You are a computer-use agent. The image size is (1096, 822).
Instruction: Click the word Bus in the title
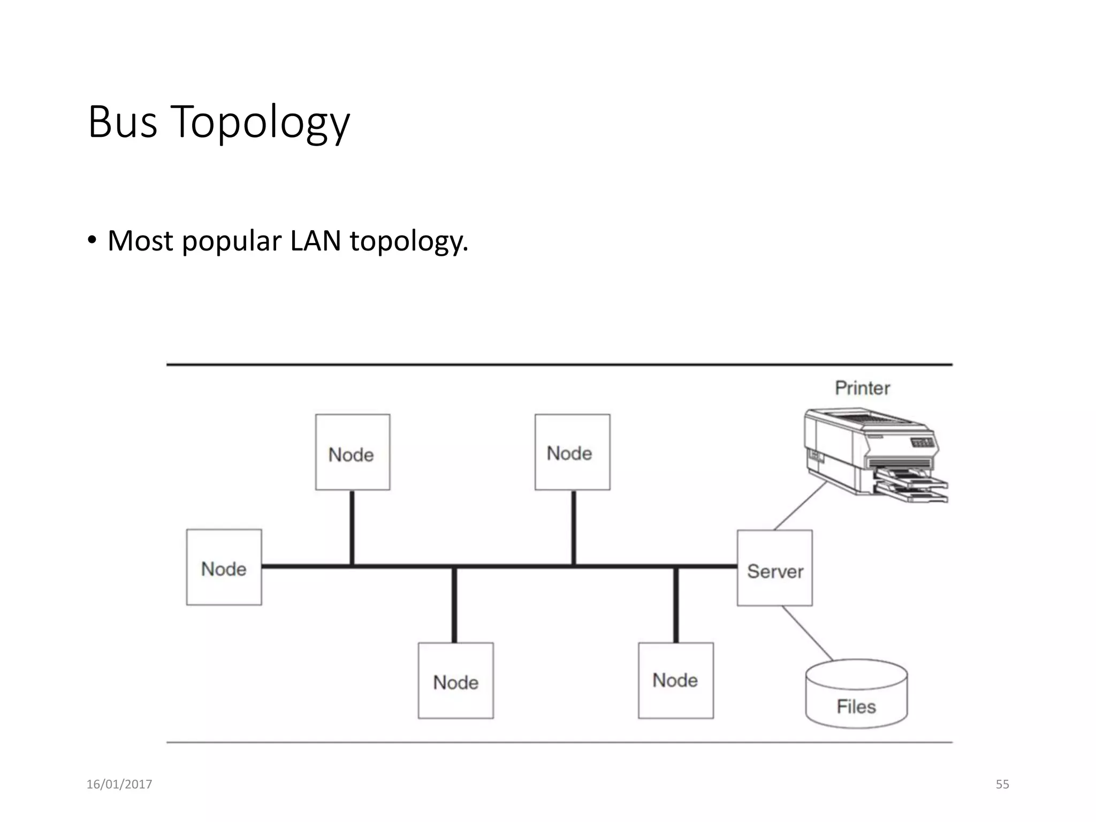pos(123,122)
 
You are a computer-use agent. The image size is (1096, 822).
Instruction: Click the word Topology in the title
pos(260,123)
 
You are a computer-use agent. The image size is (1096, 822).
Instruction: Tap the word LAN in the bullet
pos(315,241)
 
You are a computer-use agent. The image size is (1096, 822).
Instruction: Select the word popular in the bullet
pos(231,242)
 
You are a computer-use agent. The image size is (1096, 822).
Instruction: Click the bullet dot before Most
pos(93,240)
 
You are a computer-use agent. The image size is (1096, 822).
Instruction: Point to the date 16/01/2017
pos(119,784)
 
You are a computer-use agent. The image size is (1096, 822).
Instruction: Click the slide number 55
pos(1002,784)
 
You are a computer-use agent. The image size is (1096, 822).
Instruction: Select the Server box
pos(774,568)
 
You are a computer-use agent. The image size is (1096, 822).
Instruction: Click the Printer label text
pos(862,388)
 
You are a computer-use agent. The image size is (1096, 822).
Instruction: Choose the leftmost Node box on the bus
pos(224,567)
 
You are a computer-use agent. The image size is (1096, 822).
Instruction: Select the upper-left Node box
pos(352,452)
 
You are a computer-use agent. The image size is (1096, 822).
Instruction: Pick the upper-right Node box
pos(572,452)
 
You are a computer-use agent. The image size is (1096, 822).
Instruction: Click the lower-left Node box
pos(455,680)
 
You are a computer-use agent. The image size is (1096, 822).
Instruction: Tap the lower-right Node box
pos(675,680)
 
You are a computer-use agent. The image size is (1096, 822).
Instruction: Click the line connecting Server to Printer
pos(801,506)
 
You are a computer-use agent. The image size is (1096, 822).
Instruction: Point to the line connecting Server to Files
pos(807,633)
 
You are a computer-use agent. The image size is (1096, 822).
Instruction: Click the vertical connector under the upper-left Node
pos(352,527)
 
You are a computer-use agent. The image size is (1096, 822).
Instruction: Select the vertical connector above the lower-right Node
pos(675,605)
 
